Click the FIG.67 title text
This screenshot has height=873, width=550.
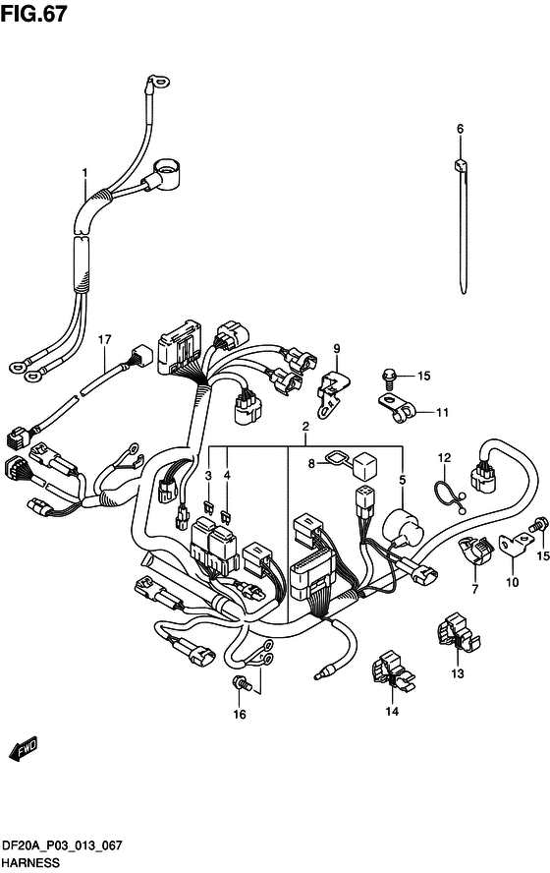(33, 14)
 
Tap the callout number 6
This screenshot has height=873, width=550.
(460, 129)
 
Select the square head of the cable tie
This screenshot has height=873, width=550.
(461, 166)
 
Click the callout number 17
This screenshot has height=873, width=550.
(104, 339)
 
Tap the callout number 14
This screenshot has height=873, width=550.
(392, 711)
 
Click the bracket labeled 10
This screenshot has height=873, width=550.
(514, 544)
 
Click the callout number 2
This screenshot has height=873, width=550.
(305, 427)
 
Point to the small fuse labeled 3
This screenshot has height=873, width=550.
(209, 506)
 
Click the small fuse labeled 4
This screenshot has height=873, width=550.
(226, 516)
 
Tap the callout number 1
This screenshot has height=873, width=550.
(84, 173)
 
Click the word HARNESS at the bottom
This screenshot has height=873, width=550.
(30, 863)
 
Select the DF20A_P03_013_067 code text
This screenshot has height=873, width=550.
(62, 846)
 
